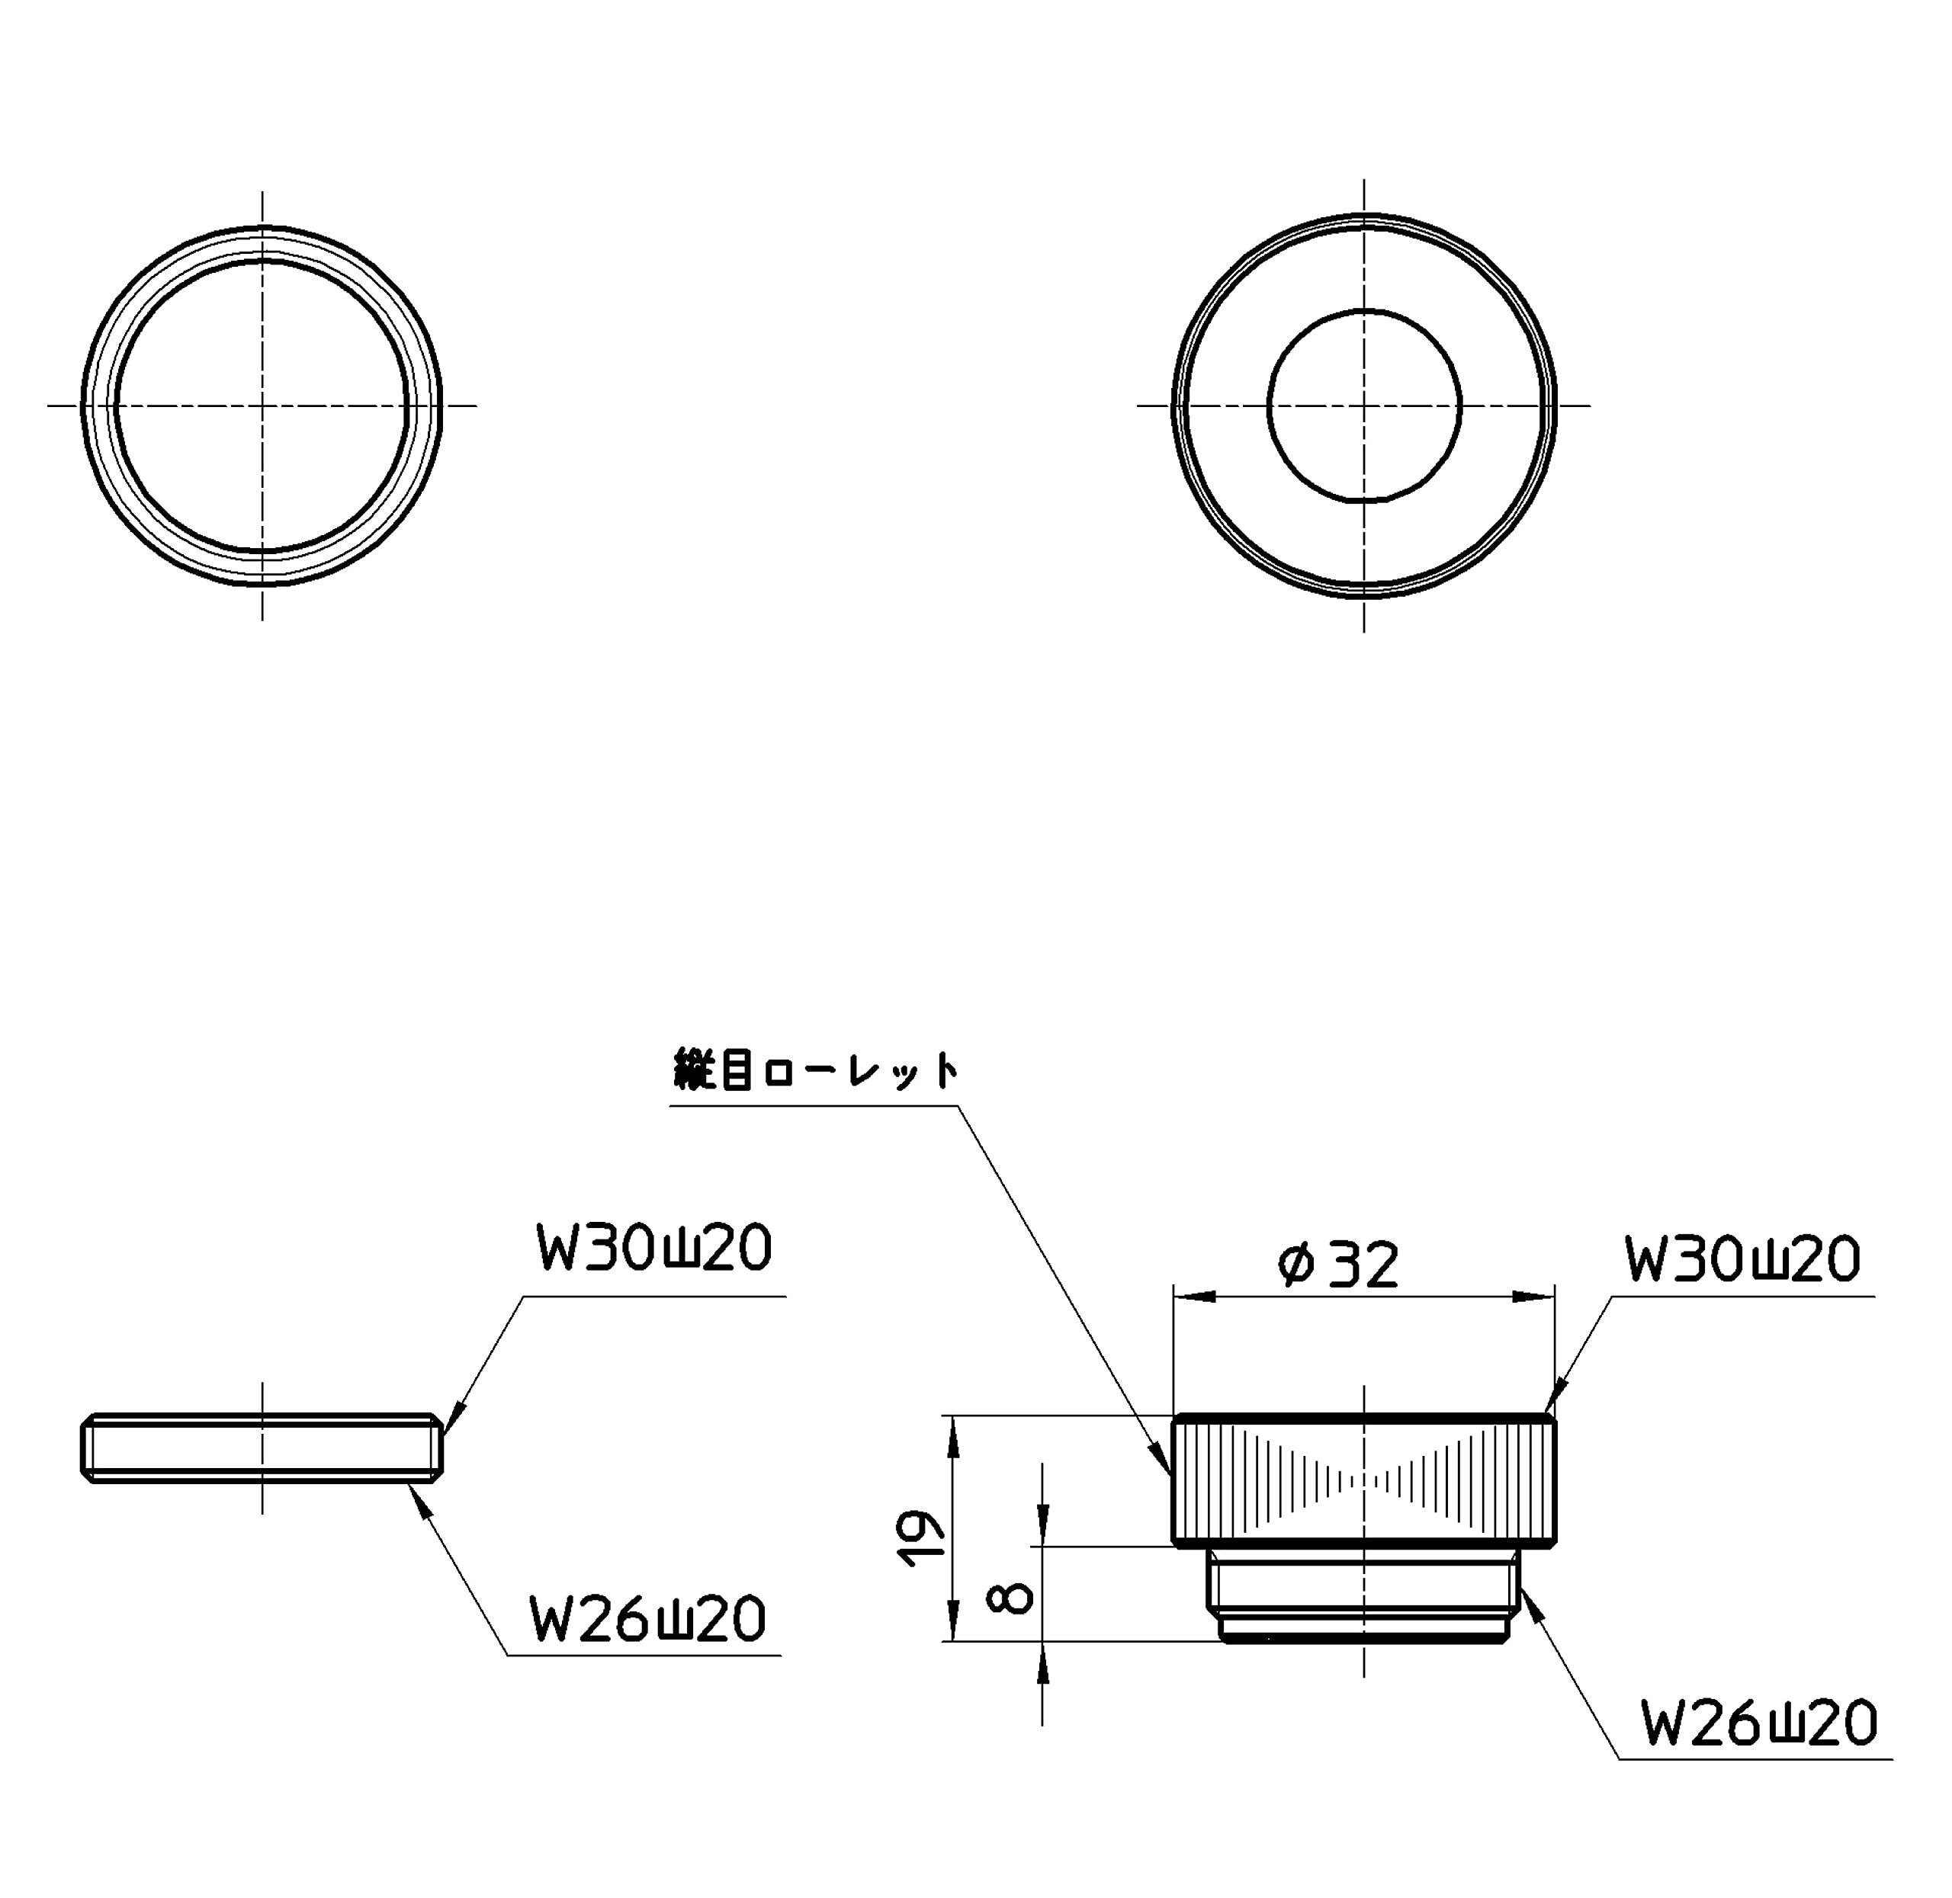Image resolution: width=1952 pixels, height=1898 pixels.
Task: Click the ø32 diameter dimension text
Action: (1339, 1264)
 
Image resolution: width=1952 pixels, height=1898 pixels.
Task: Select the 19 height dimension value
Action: (922, 1538)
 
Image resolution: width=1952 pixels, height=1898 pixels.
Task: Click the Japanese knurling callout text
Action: (815, 1069)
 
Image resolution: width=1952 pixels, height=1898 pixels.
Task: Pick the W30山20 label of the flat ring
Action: (654, 1248)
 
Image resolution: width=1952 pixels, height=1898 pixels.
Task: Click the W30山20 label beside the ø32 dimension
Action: (1742, 1260)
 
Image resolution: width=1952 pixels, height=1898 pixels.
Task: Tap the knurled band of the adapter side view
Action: (1364, 1480)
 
